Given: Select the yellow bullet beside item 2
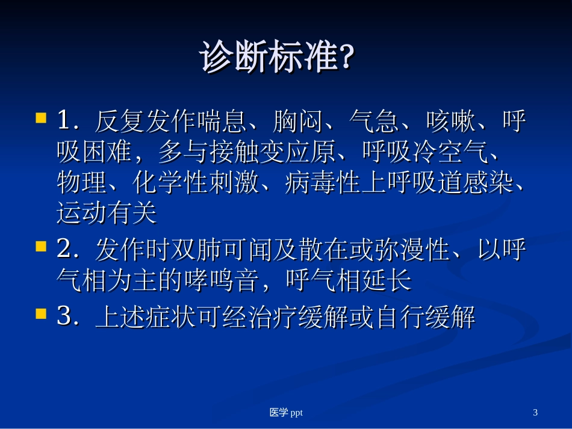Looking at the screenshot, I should point(42,246).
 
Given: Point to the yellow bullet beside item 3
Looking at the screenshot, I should point(42,313).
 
